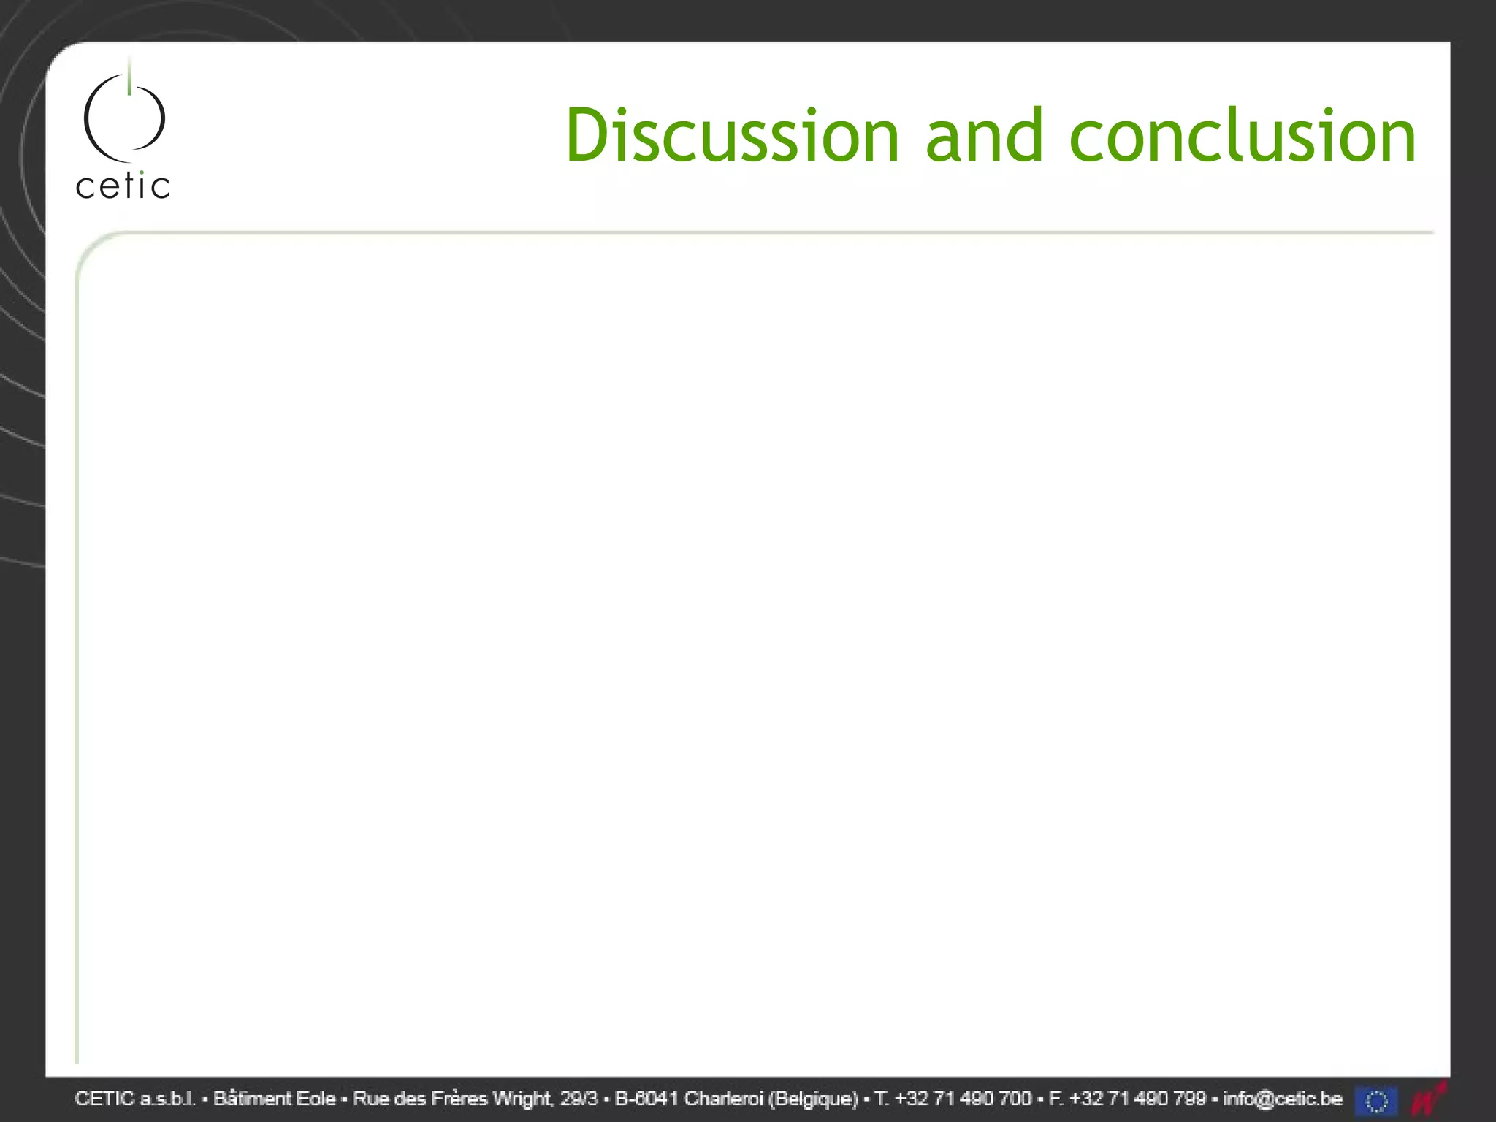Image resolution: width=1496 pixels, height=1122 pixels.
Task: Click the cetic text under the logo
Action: [123, 186]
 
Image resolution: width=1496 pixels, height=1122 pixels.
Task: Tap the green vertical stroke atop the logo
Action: [129, 77]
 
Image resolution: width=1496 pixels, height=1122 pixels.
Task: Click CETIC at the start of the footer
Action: [104, 1099]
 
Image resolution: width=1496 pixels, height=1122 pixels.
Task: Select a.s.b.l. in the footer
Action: [168, 1099]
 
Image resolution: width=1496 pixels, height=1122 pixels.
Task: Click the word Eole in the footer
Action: [315, 1099]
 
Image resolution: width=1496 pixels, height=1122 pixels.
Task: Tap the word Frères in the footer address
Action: [459, 1099]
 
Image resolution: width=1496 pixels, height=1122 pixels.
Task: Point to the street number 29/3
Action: [579, 1099]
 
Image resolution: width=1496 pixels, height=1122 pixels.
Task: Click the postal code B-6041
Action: [647, 1099]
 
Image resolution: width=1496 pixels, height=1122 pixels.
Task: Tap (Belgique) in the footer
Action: [813, 1099]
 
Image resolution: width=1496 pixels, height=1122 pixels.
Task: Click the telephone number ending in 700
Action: [963, 1099]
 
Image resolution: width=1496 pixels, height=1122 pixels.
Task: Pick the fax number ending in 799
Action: [1137, 1099]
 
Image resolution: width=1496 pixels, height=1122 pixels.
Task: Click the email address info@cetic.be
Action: [1283, 1099]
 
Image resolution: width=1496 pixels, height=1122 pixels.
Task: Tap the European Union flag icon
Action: [1376, 1101]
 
